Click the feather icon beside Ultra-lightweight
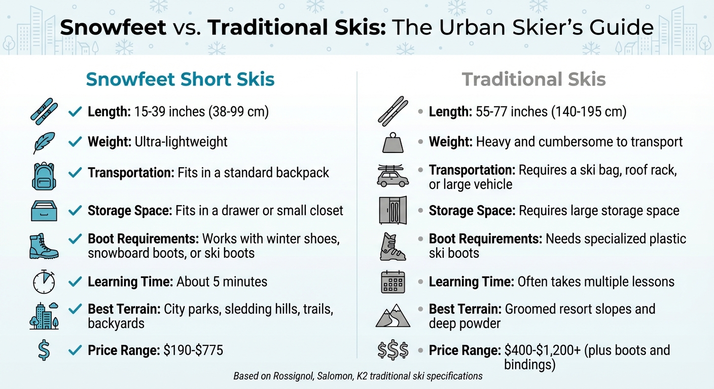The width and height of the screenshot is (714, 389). [x=44, y=142]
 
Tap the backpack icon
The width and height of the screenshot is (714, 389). [x=44, y=175]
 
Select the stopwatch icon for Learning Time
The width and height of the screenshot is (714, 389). [x=44, y=283]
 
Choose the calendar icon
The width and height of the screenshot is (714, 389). [x=393, y=282]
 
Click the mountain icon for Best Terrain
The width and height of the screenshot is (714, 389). [x=393, y=317]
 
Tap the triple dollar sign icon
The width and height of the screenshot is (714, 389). [x=393, y=351]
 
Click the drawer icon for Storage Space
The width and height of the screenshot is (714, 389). [x=44, y=211]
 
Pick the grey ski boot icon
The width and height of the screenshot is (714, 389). [x=393, y=246]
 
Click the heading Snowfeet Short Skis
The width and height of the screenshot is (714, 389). [x=180, y=80]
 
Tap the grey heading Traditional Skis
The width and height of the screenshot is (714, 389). [x=533, y=80]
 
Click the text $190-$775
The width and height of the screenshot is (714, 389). [x=193, y=350]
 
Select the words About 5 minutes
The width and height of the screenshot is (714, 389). [x=222, y=281]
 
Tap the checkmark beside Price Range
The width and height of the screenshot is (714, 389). [x=75, y=350]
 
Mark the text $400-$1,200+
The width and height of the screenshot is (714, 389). [x=542, y=350]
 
